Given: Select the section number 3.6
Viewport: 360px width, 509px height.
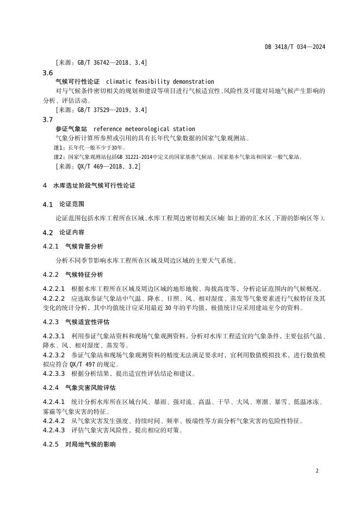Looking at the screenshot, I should pyautogui.click(x=47, y=73).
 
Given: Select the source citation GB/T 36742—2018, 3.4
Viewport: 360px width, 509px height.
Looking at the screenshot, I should pyautogui.click(x=101, y=63).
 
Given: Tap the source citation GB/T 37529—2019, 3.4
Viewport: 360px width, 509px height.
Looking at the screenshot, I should pyautogui.click(x=101, y=110).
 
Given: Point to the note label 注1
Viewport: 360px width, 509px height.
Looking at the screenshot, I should pyautogui.click(x=59, y=147).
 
